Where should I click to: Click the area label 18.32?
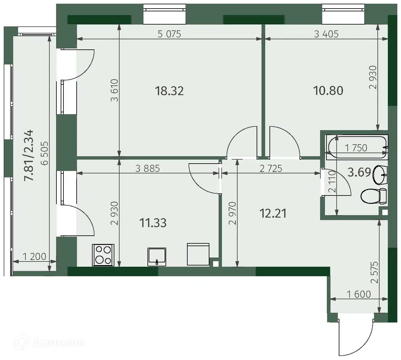tap(169, 91)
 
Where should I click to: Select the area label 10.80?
tap(328, 91)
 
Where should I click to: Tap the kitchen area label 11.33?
tap(153, 223)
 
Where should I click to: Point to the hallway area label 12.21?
tap(273, 214)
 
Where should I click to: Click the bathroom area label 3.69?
tap(359, 172)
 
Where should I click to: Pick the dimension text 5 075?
tap(169, 34)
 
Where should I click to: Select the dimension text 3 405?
tap(326, 34)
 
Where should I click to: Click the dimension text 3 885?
tap(147, 168)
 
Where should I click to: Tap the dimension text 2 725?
tap(271, 168)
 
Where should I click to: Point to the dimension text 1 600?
tap(359, 294)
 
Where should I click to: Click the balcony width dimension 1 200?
tap(34, 257)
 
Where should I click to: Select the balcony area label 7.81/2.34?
tap(29, 156)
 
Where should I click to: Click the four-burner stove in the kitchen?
tap(103, 255)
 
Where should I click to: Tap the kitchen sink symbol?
tap(157, 257)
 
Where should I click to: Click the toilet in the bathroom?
tap(374, 196)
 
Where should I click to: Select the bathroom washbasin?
tap(380, 175)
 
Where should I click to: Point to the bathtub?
tap(357, 147)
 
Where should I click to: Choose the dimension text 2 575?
tap(375, 273)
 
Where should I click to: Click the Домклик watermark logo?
tap(49, 343)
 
